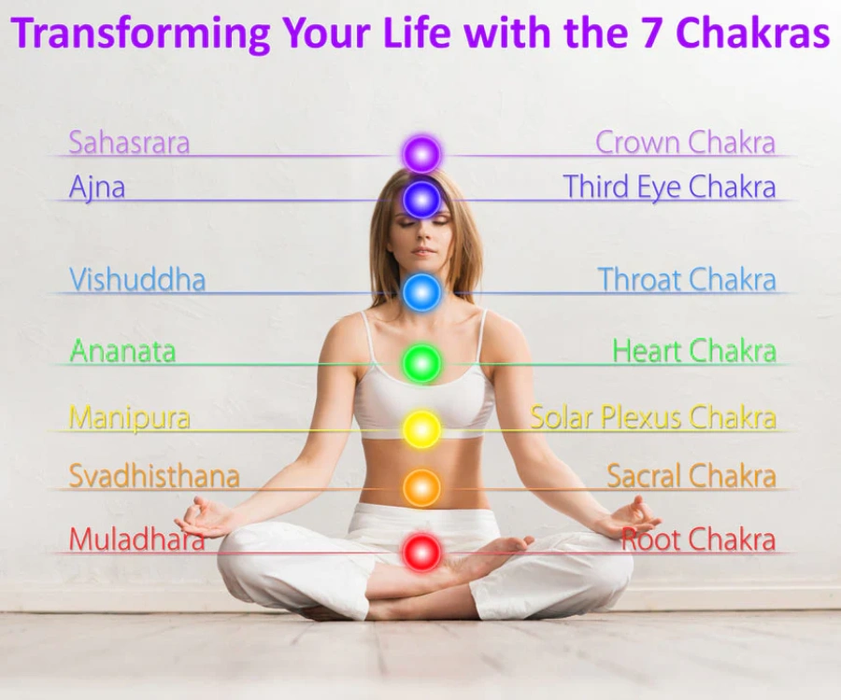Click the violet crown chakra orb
[421, 154]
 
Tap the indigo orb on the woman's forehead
[421, 199]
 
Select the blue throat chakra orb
[421, 292]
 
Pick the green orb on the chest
[421, 363]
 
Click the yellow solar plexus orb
[421, 428]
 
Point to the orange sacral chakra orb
[421, 487]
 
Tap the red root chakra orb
[421, 552]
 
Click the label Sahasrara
[129, 143]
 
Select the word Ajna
[97, 188]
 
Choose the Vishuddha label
[137, 280]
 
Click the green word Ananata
[122, 352]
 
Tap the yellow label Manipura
[129, 417]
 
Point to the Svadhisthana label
[154, 476]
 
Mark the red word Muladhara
[136, 539]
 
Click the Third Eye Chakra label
[669, 187]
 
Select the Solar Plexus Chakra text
[653, 417]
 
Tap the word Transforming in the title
[140, 34]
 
